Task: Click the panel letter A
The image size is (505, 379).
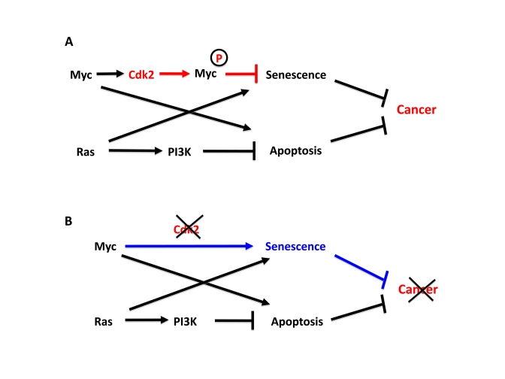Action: pos(67,43)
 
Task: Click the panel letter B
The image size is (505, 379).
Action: pos(67,222)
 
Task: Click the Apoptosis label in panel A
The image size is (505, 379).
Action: pos(295,151)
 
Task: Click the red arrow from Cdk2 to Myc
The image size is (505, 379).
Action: pos(184,74)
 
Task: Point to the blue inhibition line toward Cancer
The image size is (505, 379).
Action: pos(361,265)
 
